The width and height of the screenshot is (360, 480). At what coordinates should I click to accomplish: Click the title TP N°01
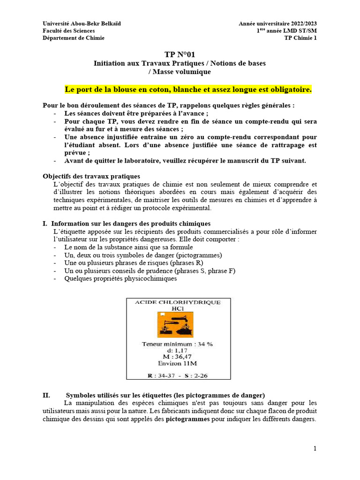180,55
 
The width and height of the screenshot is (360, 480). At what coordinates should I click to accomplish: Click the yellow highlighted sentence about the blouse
187,89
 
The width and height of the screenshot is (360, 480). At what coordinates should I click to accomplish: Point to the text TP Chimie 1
300,38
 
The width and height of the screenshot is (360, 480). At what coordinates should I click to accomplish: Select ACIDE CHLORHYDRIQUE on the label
178,303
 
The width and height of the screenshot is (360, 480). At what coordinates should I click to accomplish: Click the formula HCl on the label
178,309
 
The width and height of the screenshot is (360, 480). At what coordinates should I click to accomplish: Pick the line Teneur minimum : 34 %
178,344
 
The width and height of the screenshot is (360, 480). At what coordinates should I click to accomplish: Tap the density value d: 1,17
178,350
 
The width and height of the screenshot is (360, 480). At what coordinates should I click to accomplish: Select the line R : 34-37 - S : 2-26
178,375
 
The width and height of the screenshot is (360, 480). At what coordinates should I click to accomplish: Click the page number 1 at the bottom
315,449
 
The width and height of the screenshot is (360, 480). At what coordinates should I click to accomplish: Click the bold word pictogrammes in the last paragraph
187,419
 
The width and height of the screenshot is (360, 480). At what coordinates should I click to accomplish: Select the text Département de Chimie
74,38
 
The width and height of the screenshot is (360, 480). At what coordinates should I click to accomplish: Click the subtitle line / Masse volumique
180,72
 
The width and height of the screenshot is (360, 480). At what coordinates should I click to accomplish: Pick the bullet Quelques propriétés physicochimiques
120,278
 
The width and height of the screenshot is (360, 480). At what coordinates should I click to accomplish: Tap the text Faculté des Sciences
68,31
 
